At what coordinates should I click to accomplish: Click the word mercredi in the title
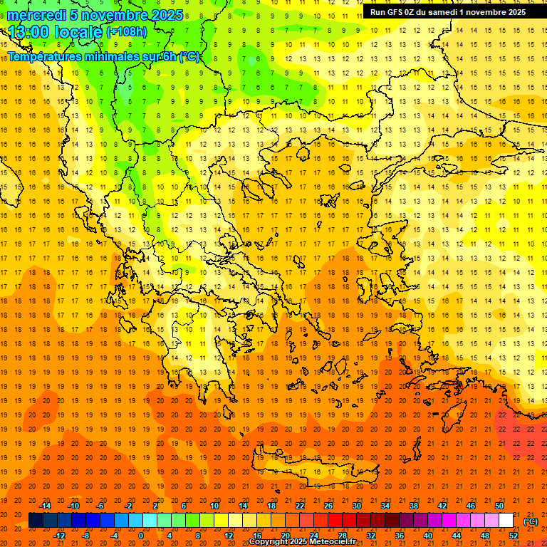tap(37, 15)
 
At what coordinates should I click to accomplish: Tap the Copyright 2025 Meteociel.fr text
tap(302, 542)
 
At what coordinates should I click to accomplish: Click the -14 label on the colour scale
tap(46, 506)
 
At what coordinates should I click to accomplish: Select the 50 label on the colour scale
tap(499, 506)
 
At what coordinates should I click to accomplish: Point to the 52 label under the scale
tap(513, 536)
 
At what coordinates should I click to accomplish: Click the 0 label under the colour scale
tap(141, 536)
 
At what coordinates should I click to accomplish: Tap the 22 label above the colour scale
tap(300, 506)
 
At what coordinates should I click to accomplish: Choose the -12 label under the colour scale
tap(60, 536)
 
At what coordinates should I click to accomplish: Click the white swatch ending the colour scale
tap(506, 521)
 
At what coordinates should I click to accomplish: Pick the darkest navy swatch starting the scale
tap(36, 521)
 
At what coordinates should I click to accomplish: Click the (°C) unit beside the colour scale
tap(531, 521)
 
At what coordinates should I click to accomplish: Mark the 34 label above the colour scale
tap(385, 506)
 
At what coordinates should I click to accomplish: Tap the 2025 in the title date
tap(167, 15)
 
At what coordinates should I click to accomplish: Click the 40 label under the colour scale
tap(427, 536)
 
